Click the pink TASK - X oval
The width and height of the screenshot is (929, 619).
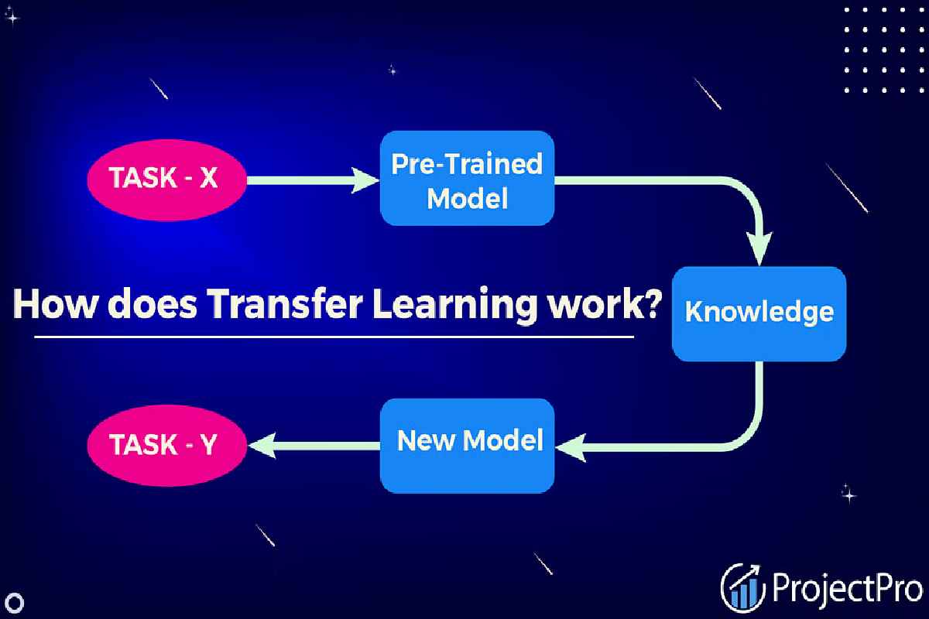pos(166,180)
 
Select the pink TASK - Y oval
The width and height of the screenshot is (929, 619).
pos(166,445)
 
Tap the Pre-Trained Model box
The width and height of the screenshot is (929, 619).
pos(467,178)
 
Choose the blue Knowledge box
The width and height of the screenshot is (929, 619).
pos(759,314)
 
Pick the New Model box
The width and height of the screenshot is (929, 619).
pos(467,446)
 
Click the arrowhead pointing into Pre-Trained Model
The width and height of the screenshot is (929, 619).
pos(365,180)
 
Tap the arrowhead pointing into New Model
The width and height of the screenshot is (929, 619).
pos(571,448)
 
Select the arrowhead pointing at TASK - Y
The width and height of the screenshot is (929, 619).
pos(262,446)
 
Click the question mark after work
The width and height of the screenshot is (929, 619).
pos(648,302)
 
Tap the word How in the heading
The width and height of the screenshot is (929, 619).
pos(54,304)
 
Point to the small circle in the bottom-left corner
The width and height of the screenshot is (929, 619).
pos(15,603)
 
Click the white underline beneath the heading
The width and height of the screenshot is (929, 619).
pos(334,337)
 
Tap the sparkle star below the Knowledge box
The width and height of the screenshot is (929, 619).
pos(848,494)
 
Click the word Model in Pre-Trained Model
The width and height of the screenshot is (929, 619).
pos(468,198)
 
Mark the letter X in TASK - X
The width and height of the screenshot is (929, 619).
pos(208,178)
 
